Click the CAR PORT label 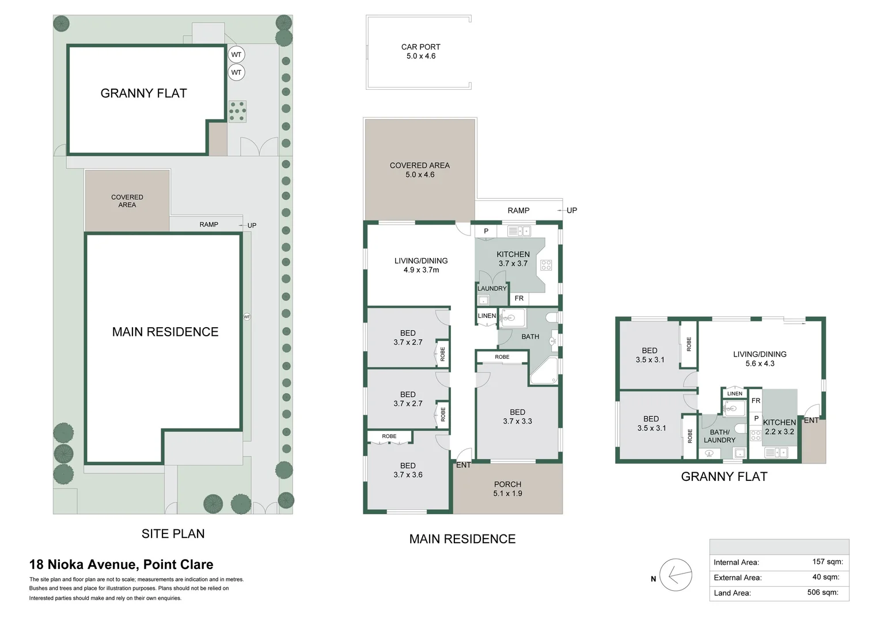[420, 51]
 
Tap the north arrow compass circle [676, 575]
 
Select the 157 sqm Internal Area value [827, 562]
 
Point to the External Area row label [737, 578]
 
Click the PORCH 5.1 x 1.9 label [507, 488]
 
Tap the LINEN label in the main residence [487, 316]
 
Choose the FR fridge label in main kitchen [519, 298]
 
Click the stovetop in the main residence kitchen [546, 266]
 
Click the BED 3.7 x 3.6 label [408, 470]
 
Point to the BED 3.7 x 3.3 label [517, 416]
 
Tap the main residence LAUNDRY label [492, 289]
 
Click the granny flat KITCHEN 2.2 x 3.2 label [779, 427]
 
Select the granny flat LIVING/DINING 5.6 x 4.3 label [760, 359]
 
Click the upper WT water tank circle [236, 55]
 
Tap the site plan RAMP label [208, 225]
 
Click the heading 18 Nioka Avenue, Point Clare [121, 564]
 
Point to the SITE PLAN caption [173, 534]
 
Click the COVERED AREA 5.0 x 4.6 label [419, 170]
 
